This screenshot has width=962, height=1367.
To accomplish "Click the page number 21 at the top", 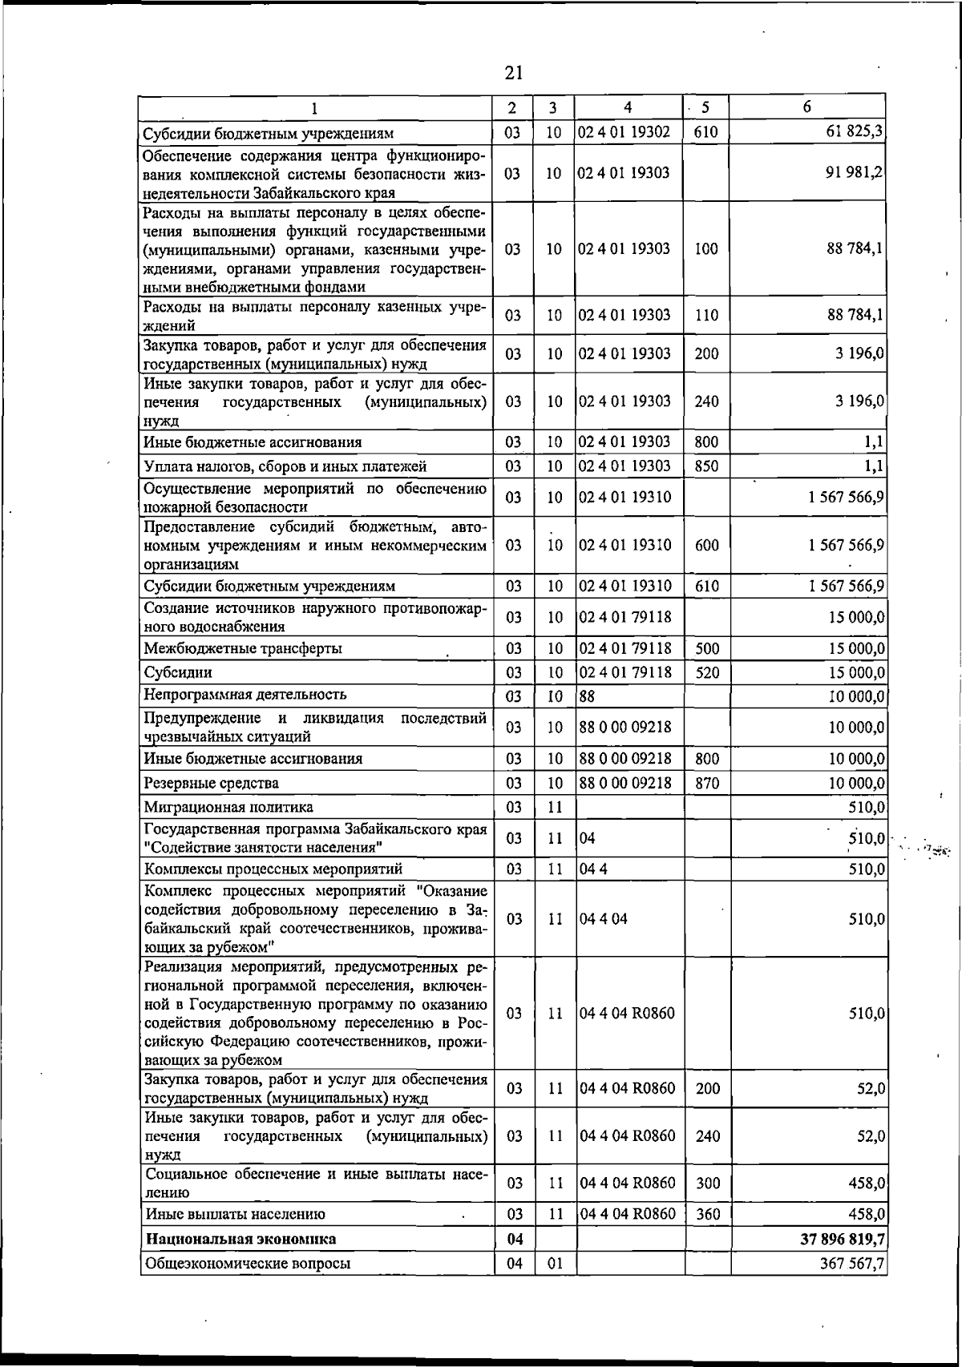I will [514, 73].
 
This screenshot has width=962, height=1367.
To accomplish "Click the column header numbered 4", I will [628, 107].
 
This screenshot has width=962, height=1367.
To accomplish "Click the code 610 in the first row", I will [705, 132].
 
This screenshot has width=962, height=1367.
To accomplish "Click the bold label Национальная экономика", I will [240, 1239].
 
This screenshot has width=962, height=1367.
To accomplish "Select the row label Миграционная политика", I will [228, 807].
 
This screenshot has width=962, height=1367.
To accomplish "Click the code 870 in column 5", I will [706, 783].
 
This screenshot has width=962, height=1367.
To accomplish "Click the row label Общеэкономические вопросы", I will [247, 1263].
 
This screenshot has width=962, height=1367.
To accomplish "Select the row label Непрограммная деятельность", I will [245, 695].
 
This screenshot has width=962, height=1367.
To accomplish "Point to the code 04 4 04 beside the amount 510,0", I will [603, 919].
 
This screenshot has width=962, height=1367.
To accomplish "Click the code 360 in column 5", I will [707, 1215].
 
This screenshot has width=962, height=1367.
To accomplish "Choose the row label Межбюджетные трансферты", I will [243, 648].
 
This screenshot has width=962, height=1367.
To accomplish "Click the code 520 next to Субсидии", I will [706, 672].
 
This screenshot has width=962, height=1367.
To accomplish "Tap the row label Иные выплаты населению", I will [234, 1215].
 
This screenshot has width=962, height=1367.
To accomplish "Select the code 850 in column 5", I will [706, 466].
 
